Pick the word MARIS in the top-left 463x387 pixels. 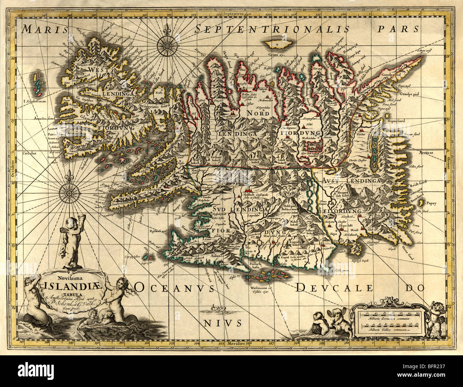(x=40, y=29)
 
